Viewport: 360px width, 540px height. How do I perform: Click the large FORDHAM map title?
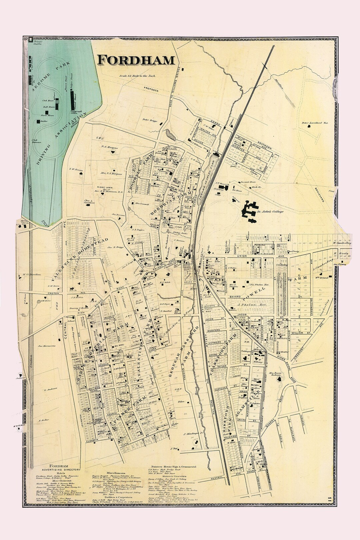tap(136, 60)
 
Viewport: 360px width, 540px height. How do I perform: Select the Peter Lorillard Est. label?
tap(315, 123)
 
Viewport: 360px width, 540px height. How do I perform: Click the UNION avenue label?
tap(241, 256)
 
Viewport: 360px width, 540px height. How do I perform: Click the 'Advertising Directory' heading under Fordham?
tap(59, 470)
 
